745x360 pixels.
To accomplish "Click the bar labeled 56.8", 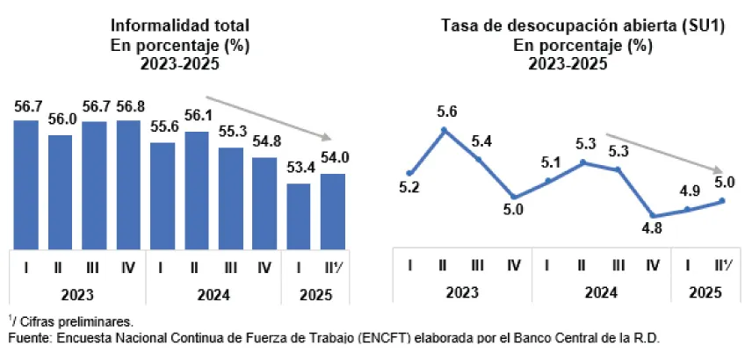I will (128, 184).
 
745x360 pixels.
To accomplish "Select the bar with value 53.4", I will (300, 215).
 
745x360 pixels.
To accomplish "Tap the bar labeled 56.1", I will (197, 190).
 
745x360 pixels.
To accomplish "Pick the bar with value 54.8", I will (265, 203).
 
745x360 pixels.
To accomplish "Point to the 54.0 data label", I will (333, 159).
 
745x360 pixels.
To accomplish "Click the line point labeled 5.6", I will (444, 130).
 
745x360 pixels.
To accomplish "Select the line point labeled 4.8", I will (653, 215).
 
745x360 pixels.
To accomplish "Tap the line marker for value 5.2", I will (409, 173).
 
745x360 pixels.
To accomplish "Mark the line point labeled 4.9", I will (687, 209).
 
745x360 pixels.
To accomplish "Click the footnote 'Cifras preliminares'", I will (76, 322).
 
